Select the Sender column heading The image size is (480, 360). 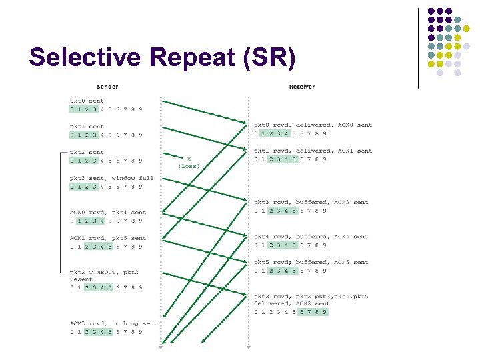pyautogui.click(x=107, y=87)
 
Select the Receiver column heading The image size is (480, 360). pyautogui.click(x=301, y=87)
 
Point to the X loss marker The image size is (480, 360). pyautogui.click(x=189, y=159)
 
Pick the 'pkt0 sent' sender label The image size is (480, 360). pyautogui.click(x=87, y=101)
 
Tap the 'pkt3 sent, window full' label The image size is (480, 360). pyautogui.click(x=111, y=178)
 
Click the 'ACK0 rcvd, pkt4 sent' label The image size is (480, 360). pyautogui.click(x=107, y=212)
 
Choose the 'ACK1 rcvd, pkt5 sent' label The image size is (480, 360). pyautogui.click(x=107, y=238)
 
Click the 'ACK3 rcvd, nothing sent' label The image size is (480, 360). pyautogui.click(x=113, y=323)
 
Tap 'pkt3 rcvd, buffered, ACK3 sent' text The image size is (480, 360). pyautogui.click(x=311, y=202)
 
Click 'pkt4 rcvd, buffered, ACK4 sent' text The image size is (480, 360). pyautogui.click(x=311, y=237)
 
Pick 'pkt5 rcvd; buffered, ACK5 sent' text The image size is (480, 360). pyautogui.click(x=311, y=262)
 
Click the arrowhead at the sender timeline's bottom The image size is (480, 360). pyautogui.click(x=161, y=346)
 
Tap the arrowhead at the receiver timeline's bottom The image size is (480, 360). pyautogui.click(x=249, y=346)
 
